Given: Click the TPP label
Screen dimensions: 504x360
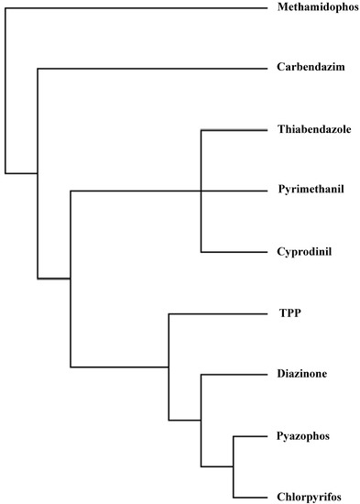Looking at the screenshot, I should (289, 312).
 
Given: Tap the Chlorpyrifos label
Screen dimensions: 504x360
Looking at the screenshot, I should (309, 496).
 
